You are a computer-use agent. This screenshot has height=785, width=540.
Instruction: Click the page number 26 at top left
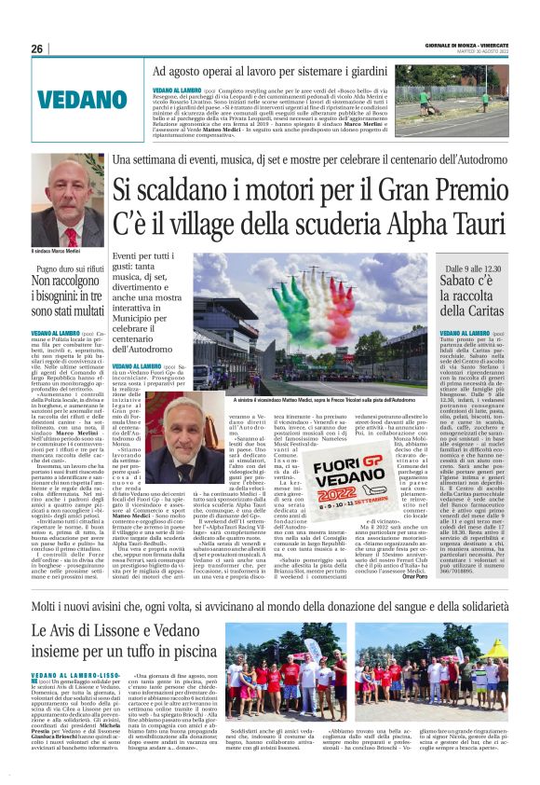pyautogui.click(x=37, y=48)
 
